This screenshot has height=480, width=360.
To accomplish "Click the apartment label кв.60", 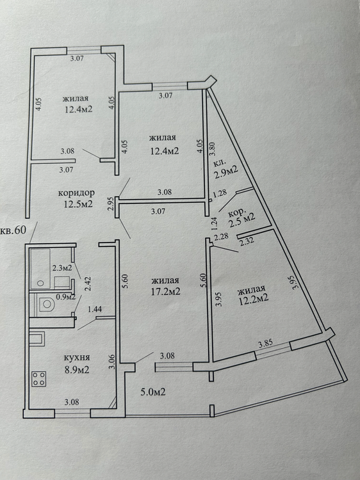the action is click(13, 230).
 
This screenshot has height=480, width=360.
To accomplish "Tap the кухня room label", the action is click(77, 358).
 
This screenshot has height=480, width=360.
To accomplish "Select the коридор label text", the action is click(76, 193).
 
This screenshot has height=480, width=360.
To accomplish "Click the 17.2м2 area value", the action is click(165, 291).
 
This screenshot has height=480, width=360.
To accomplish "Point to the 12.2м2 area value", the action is click(254, 298).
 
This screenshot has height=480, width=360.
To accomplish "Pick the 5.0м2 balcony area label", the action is click(153, 392).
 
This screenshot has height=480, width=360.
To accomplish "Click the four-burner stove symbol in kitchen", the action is click(39, 379).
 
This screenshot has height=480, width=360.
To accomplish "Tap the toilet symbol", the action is click(45, 304).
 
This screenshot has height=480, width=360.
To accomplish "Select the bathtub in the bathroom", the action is click(40, 268).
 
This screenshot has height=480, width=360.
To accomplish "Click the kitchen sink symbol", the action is click(37, 339).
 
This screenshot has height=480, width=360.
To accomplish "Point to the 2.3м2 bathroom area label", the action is click(62, 268).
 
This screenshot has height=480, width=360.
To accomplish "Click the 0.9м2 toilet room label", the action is click(65, 296).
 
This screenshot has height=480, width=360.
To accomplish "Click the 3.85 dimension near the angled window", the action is click(266, 344).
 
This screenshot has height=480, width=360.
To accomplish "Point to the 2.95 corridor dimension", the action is click(111, 204).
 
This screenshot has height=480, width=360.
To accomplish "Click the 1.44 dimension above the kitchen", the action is click(95, 310).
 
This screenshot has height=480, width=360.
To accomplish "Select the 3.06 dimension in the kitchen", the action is click(113, 362).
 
